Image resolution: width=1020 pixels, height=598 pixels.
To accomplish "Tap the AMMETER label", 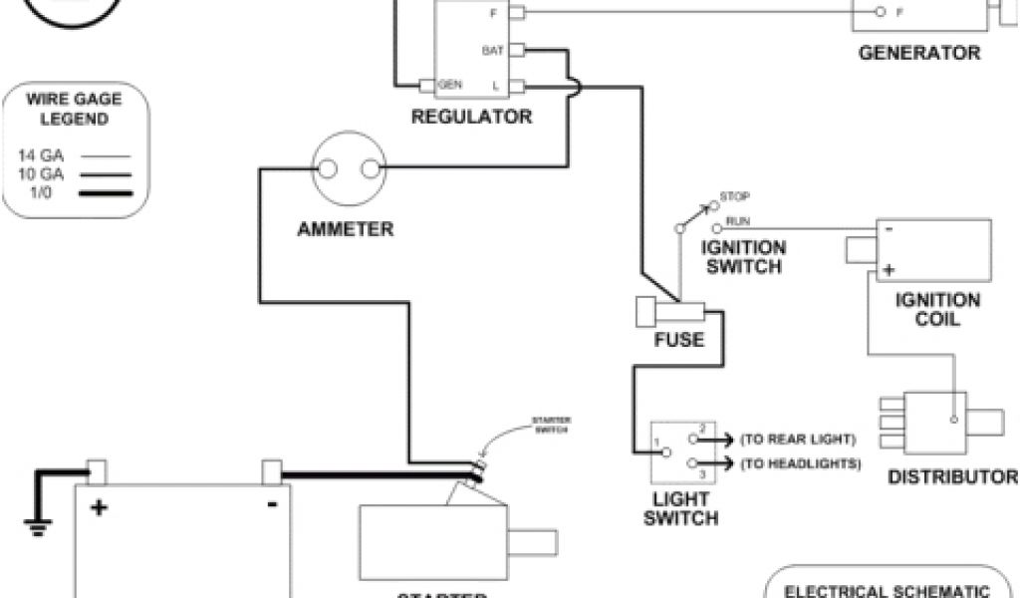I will pyautogui.click(x=346, y=230).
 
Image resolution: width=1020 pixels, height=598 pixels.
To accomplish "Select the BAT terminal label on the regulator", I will pyautogui.click(x=492, y=50).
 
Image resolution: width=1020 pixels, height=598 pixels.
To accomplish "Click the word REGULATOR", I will pyautogui.click(x=472, y=118).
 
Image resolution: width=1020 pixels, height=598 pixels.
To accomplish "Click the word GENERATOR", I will pyautogui.click(x=919, y=53).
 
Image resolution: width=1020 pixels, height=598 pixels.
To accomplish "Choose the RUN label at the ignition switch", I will pyautogui.click(x=738, y=220).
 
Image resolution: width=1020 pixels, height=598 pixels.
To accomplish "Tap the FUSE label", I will pyautogui.click(x=679, y=340).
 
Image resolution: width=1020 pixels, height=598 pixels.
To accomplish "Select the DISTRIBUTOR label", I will pyautogui.click(x=952, y=476).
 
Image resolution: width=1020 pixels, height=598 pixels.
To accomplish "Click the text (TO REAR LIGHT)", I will pyautogui.click(x=800, y=439).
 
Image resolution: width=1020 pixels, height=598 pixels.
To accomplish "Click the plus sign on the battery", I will pyautogui.click(x=99, y=507).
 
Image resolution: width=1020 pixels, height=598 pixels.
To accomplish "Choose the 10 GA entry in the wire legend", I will pyautogui.click(x=41, y=174).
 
